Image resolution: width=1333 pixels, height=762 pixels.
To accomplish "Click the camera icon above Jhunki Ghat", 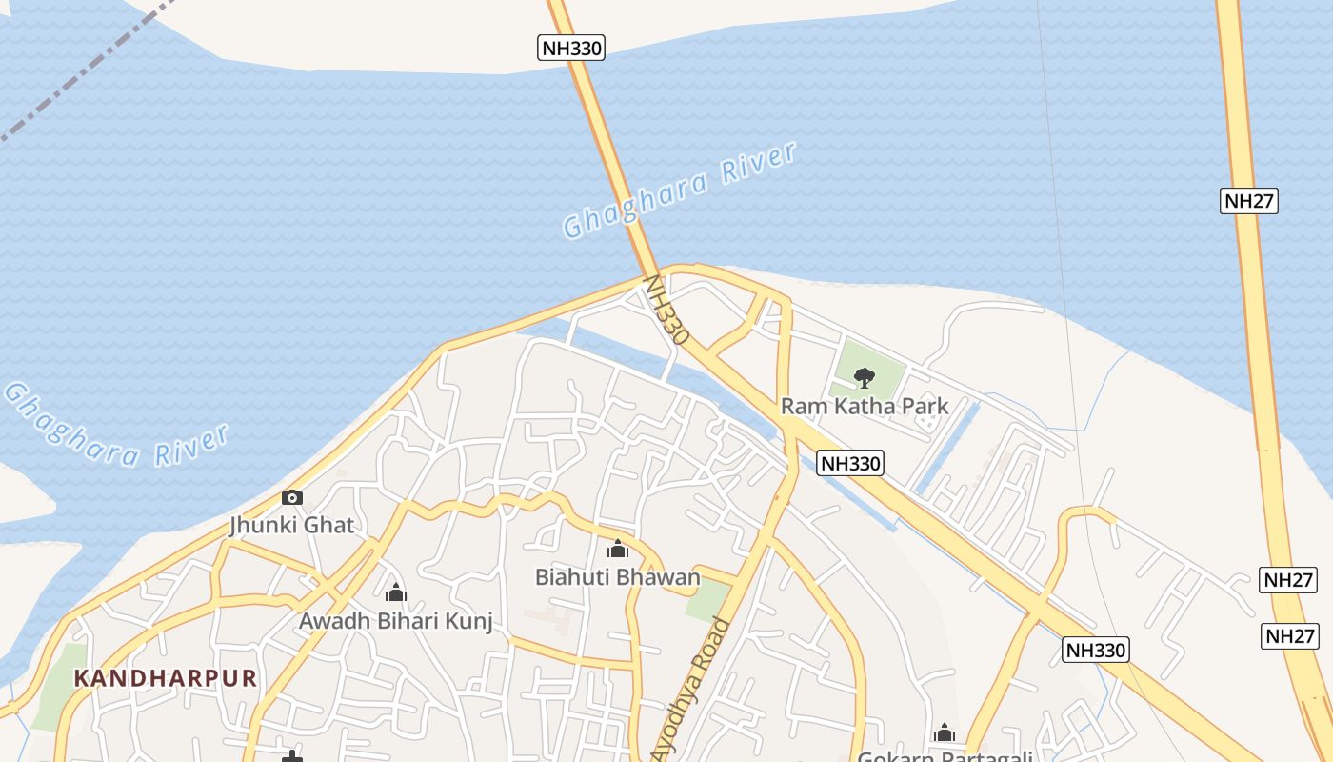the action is [292, 497].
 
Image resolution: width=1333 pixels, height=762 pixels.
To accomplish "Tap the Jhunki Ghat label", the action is [291, 525].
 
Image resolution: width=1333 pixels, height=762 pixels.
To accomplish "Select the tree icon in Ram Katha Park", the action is [864, 377].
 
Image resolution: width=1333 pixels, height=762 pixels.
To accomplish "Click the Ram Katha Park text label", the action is [865, 407].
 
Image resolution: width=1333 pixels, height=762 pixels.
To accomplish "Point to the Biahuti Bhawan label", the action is [617, 577].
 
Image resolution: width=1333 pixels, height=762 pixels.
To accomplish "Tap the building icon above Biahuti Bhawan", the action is [618, 550].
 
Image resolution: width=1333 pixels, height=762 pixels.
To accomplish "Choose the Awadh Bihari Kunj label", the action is [396, 622].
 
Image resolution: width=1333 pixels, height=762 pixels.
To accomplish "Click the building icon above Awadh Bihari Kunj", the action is [396, 593].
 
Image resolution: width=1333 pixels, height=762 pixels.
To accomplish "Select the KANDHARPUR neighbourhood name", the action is [166, 678].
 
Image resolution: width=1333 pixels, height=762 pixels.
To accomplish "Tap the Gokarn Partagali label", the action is [945, 756].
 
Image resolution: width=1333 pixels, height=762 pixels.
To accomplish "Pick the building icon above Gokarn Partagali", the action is [945, 732].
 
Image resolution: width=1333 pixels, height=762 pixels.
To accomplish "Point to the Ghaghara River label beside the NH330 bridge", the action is [679, 190].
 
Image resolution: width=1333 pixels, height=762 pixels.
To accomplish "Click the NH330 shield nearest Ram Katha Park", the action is [850, 463].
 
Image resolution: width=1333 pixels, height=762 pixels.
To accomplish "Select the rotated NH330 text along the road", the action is [666, 310].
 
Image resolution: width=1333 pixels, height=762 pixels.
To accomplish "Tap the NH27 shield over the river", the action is [1248, 201].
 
